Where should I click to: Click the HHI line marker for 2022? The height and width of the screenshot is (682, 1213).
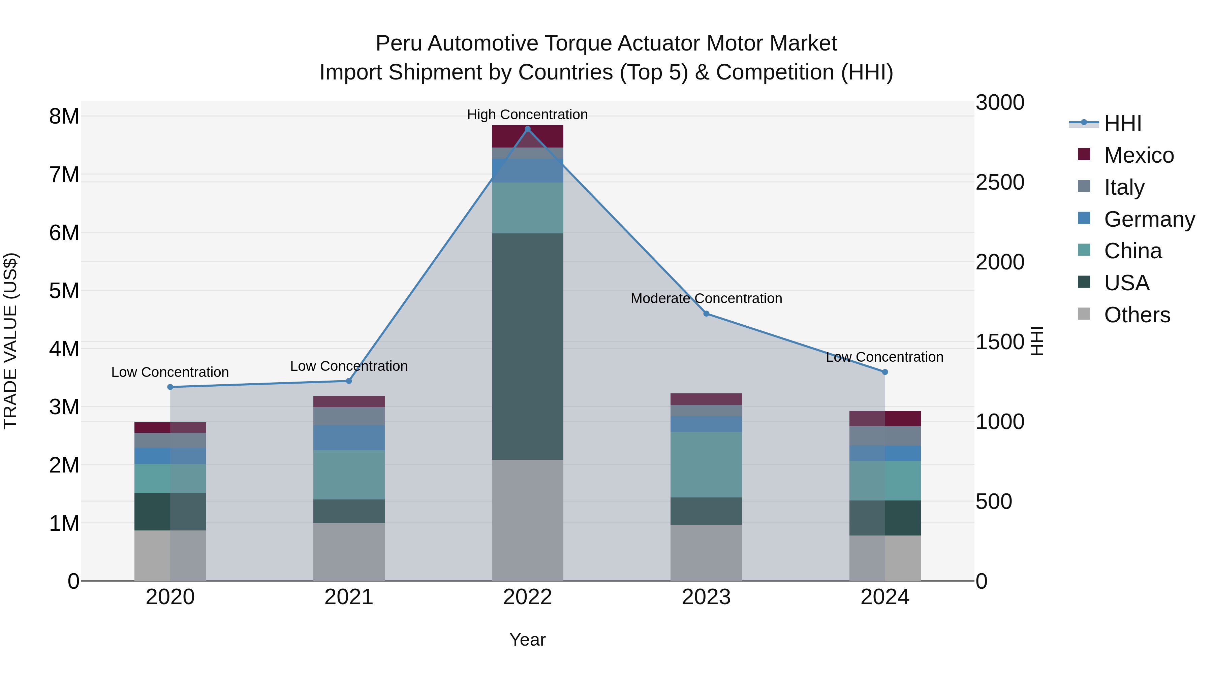527,129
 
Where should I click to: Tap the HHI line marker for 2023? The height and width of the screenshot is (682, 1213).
706,314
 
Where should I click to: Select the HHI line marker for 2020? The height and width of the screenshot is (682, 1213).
170,387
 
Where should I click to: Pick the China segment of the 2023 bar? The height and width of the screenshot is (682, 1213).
706,464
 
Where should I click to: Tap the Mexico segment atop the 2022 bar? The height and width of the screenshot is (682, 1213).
527,136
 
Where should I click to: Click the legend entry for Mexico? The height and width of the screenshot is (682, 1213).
1139,155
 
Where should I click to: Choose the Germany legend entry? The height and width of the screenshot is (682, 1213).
1149,219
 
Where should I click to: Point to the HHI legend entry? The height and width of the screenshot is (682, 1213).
1123,123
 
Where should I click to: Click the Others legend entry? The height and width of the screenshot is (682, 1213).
1137,315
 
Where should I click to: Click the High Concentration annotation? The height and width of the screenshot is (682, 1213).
527,115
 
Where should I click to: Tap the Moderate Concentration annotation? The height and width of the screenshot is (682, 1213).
706,298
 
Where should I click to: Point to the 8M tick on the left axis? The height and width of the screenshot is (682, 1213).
64,116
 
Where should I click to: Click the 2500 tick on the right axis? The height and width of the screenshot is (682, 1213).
1000,182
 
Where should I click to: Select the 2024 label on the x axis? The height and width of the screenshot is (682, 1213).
884,597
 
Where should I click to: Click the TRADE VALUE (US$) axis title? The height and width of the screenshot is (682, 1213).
11,341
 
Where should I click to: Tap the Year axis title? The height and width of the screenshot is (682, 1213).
527,640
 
